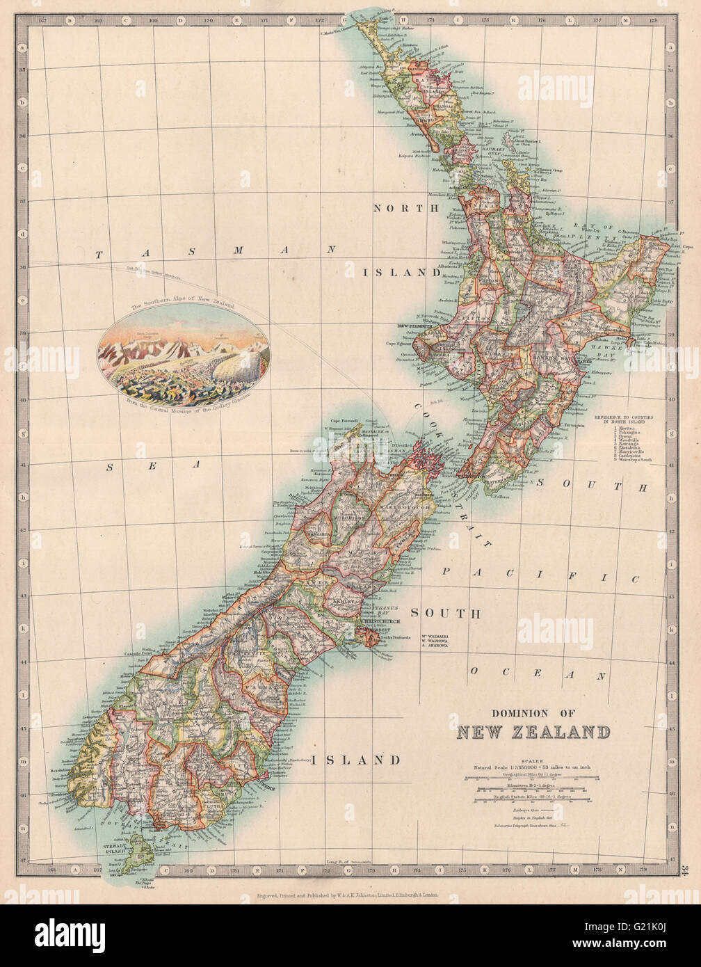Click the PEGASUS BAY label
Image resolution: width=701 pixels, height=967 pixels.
point(385,607)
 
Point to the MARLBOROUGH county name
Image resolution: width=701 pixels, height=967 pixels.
point(398,508)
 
